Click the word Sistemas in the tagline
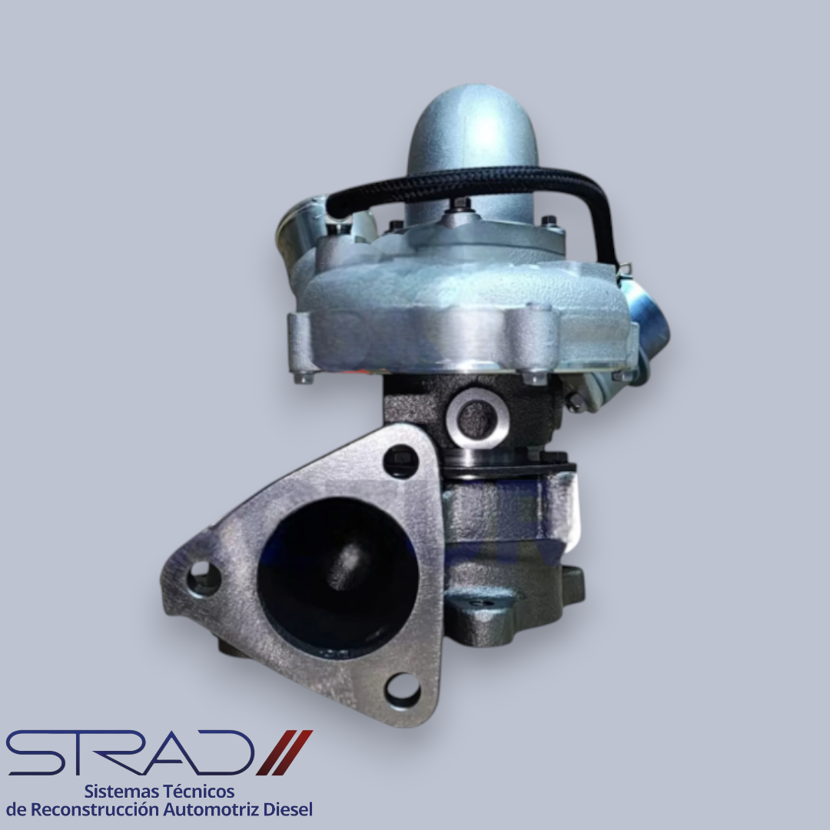(121, 792)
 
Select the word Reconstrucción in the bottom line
(95, 809)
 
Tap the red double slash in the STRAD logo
(285, 752)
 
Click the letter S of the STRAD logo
(35, 752)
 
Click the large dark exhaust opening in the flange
(337, 577)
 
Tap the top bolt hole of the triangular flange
(400, 460)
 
